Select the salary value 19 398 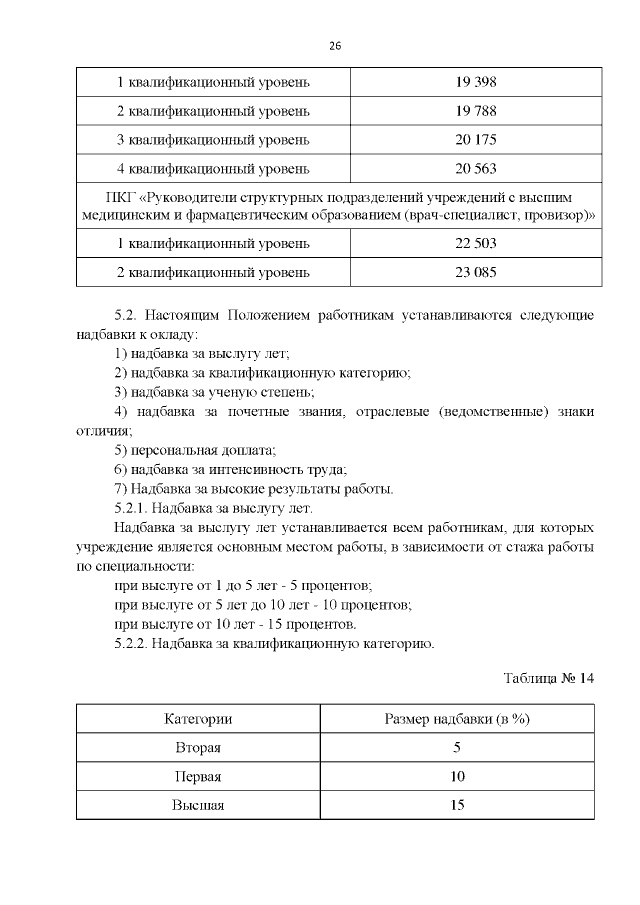click(x=476, y=80)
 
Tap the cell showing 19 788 click(x=476, y=110)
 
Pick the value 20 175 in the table click(x=476, y=139)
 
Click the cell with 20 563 click(x=476, y=168)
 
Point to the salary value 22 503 click(x=476, y=243)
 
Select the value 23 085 click(x=476, y=272)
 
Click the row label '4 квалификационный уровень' click(x=213, y=168)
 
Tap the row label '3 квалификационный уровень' click(x=213, y=139)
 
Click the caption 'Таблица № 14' click(x=549, y=679)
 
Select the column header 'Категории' click(x=198, y=719)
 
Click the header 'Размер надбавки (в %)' click(x=457, y=719)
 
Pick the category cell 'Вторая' click(x=198, y=748)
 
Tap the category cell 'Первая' click(x=198, y=777)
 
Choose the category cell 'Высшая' click(x=198, y=806)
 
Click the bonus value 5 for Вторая click(x=457, y=748)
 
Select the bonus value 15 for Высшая click(x=457, y=806)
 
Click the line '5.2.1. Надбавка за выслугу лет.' click(x=214, y=508)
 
